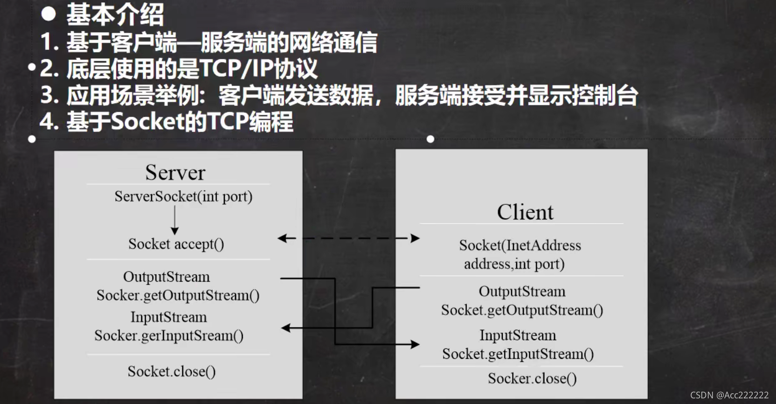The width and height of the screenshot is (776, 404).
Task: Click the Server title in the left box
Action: coord(175,173)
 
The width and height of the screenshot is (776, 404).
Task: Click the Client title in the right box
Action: coord(525,212)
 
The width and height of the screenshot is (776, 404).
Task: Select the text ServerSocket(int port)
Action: coord(183,196)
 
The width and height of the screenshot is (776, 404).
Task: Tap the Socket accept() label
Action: coord(176,244)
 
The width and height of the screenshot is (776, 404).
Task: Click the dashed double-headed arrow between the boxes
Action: coord(349,238)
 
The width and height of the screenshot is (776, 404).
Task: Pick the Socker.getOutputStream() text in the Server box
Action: coord(178,295)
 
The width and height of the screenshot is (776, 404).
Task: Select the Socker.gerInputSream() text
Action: coord(169,335)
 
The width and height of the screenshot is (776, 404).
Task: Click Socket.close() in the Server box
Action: coord(171,371)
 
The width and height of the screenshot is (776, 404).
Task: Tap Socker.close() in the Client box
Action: coord(532,378)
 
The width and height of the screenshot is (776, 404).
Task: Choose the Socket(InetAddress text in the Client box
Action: coord(520,245)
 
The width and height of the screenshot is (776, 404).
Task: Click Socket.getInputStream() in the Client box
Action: coord(518,354)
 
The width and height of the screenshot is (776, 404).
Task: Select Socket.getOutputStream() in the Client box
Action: coord(522,310)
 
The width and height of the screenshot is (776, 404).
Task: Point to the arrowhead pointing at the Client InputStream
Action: coord(415,345)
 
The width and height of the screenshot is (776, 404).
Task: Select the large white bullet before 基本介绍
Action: coord(48,14)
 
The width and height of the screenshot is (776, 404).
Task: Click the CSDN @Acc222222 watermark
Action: coord(729,395)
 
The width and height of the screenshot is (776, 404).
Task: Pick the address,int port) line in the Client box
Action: coord(514,264)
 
